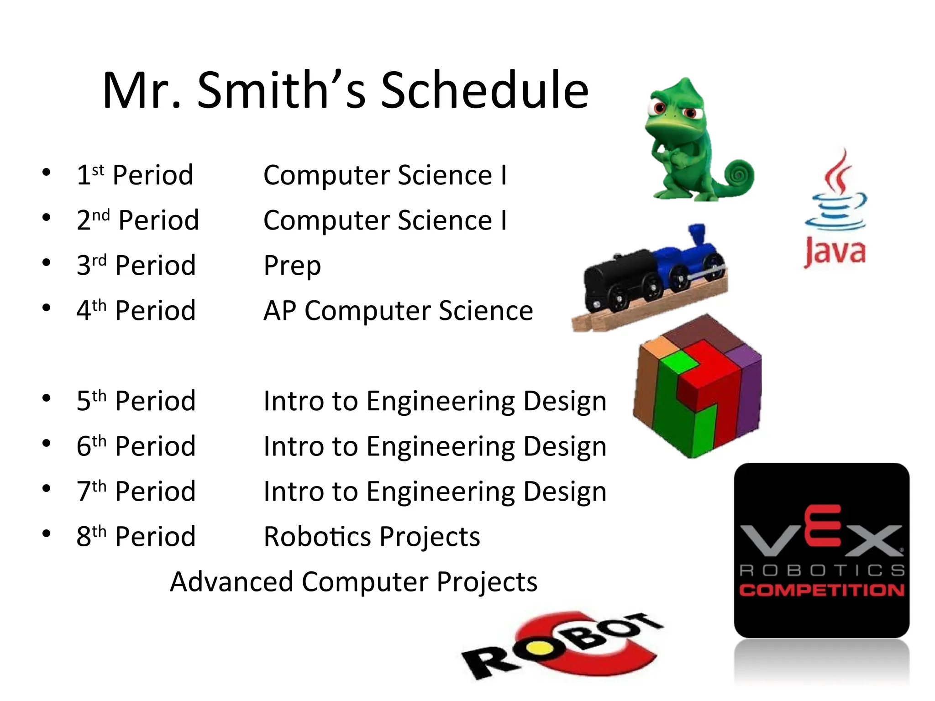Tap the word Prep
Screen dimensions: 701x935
292,266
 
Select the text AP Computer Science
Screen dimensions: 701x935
398,311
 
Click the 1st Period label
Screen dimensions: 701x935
135,175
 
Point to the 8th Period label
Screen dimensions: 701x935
136,536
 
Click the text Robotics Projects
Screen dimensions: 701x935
372,536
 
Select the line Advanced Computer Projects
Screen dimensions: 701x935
353,582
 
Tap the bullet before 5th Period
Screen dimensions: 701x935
46,398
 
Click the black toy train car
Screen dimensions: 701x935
621,278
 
